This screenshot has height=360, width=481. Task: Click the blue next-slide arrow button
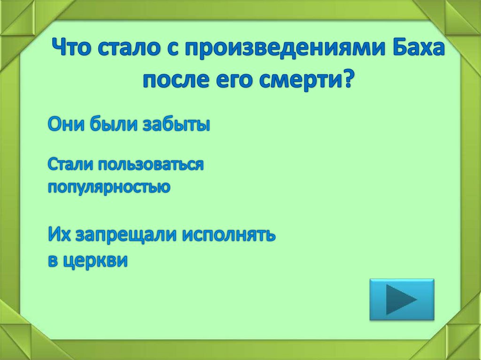pos(402,299)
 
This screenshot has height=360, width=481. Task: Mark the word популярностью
pos(109,187)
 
